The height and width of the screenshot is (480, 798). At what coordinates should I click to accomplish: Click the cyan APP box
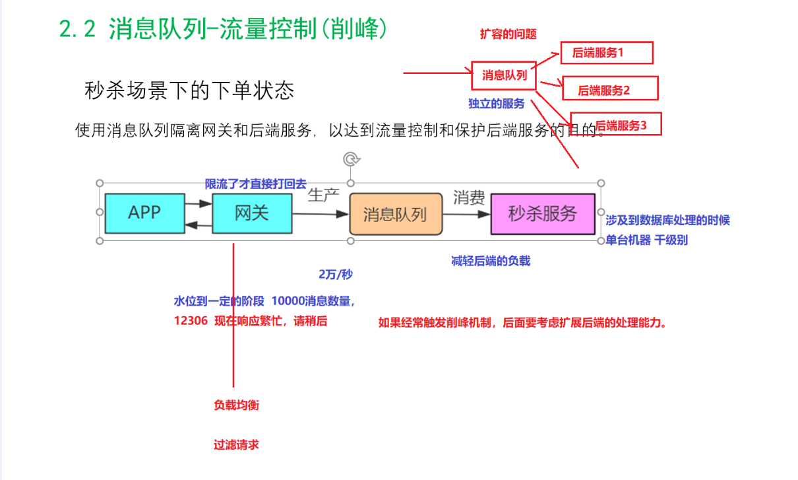coord(144,213)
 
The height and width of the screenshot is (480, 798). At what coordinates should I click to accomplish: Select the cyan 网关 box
coord(251,213)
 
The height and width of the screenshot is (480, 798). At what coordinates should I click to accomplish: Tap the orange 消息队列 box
coord(395,214)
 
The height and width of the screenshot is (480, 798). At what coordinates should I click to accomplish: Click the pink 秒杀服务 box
coord(542,213)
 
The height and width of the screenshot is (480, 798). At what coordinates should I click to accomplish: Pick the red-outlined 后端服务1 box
coord(606,53)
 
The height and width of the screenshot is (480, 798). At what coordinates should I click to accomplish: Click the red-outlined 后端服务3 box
coord(616,124)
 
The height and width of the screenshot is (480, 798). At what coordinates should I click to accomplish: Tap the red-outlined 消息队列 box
coord(504,75)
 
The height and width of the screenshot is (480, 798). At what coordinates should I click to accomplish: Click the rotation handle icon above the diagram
coord(352,158)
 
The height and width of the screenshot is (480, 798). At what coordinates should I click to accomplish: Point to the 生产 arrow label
coord(323,195)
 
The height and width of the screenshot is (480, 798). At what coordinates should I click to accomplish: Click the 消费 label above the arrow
coord(469,197)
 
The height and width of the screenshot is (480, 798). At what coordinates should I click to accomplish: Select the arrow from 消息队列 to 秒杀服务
coord(466,214)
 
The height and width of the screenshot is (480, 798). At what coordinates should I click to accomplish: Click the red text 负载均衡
coord(236,405)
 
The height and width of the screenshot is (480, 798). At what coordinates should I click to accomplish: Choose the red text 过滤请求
coord(236,444)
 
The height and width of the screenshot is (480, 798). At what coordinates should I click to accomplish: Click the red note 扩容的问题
coord(508,34)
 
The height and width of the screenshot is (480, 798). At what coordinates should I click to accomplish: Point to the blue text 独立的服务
coord(497,103)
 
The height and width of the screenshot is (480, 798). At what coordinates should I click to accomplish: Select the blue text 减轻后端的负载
coord(491,261)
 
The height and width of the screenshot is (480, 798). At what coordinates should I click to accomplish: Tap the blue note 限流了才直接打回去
coord(255,185)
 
